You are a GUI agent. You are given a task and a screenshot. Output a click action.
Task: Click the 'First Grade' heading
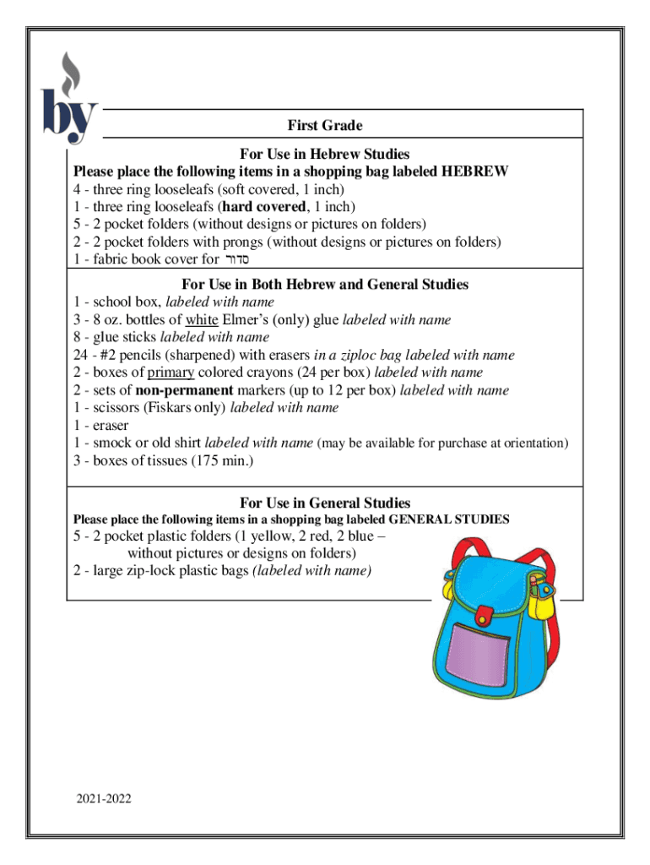pos(325,126)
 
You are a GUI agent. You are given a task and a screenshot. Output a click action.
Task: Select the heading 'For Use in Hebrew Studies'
pos(325,154)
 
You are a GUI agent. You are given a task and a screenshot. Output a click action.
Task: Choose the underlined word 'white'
pos(202,319)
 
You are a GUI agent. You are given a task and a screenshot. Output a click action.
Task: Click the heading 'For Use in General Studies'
pos(325,503)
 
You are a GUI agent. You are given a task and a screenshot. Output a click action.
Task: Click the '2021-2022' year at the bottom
pos(102,797)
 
